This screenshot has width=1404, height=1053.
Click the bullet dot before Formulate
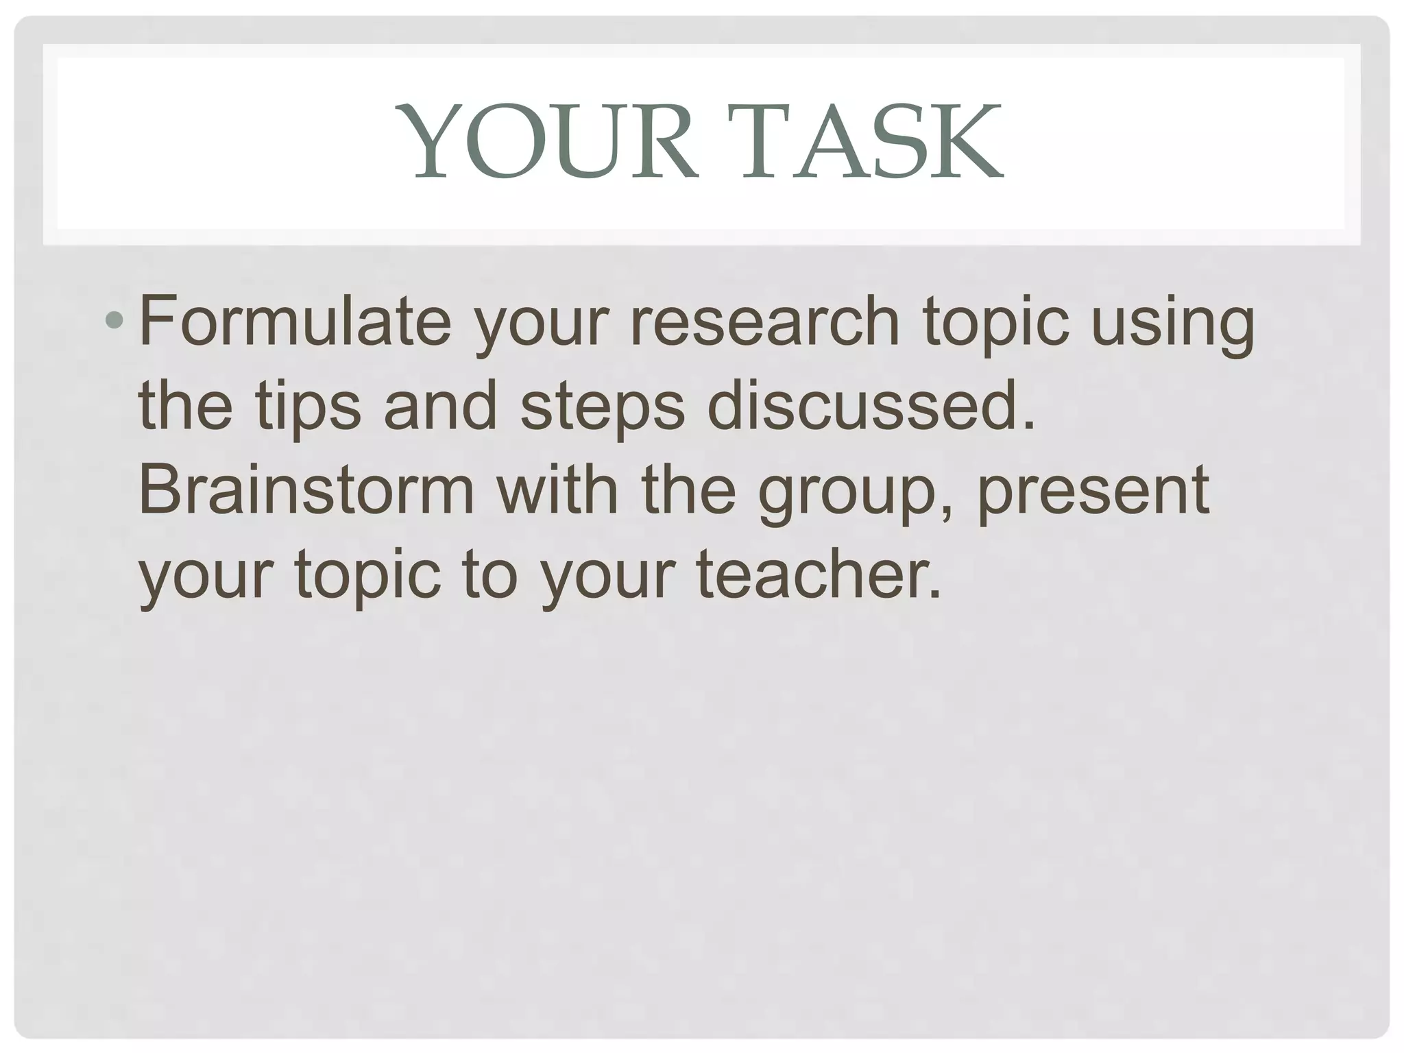click(x=114, y=319)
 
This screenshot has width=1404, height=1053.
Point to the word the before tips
click(x=185, y=404)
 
